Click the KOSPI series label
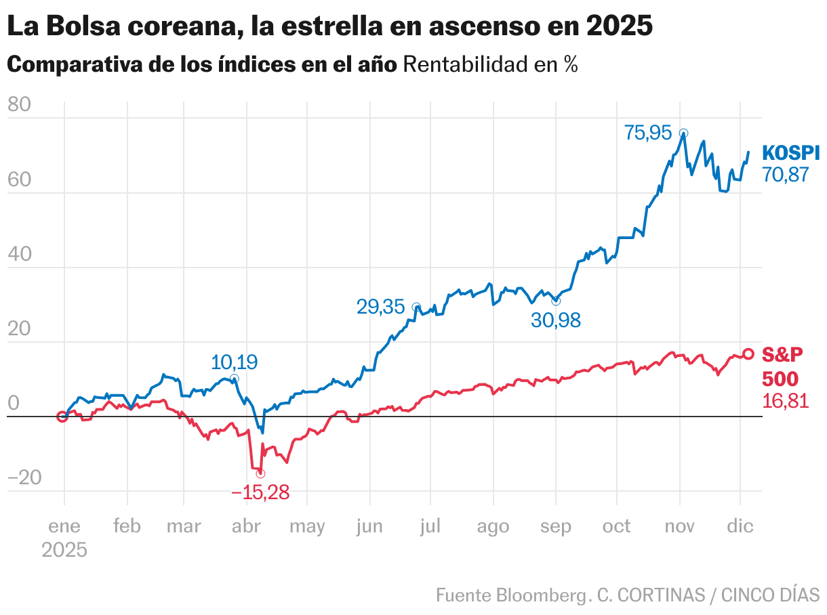pos(790,153)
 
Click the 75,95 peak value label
pos(647,133)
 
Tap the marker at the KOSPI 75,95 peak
pos(683,133)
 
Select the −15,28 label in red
pos(260,493)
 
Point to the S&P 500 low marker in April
pos(260,473)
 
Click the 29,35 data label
pos(380,307)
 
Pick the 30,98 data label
pos(556,320)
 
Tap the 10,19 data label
pos(235,362)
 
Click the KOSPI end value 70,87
pos(786,175)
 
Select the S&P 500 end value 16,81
pos(786,402)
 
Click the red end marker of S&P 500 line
pos(748,354)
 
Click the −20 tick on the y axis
pos(24,479)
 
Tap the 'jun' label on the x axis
pos(369,526)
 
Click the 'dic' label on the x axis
pos(740,526)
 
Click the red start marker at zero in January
pos(62,417)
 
